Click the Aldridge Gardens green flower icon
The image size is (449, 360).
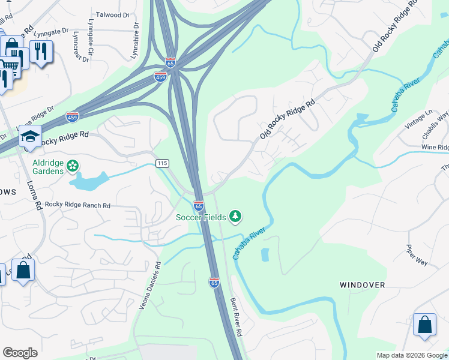pos(73,165)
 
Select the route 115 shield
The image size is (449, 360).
pos(162,163)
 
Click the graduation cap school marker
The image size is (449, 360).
pos(30,137)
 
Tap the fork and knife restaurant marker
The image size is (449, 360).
pos(41,52)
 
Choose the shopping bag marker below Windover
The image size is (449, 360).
pos(424,325)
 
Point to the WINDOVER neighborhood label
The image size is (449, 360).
pos(362,285)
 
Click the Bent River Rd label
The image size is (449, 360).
pos(236,316)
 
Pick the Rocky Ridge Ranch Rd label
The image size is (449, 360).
pos(78,205)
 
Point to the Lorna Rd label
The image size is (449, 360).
pos(34,196)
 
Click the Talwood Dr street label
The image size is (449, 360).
pos(112,14)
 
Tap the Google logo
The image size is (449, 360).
pos(20,353)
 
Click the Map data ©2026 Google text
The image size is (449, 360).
pos(411,355)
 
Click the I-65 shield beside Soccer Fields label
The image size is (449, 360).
pos(198,206)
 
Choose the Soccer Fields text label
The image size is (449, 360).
pos(200,217)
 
